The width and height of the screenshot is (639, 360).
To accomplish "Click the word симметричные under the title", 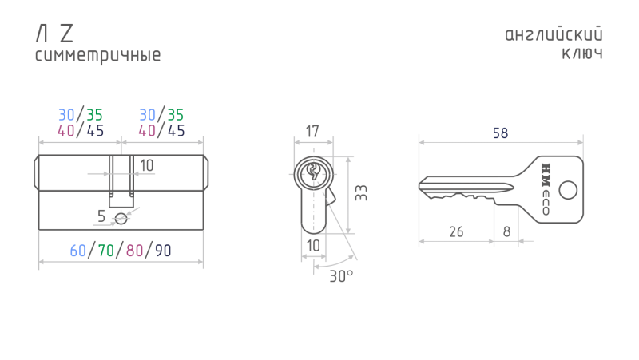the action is [x=97, y=56].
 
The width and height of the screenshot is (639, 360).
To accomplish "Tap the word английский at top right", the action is [x=554, y=34].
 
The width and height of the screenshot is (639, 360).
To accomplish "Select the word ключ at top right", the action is [x=582, y=53].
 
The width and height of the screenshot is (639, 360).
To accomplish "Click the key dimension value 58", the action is [x=501, y=133].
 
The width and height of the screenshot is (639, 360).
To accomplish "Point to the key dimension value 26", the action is [x=456, y=231].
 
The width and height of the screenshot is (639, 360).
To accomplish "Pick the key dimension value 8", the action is [x=506, y=231].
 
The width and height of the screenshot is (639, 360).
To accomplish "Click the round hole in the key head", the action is [x=568, y=190].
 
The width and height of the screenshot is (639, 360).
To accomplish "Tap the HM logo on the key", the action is [x=546, y=175].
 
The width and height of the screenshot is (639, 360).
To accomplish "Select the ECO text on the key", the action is [x=546, y=203].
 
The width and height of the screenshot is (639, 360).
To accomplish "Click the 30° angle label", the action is [x=341, y=276].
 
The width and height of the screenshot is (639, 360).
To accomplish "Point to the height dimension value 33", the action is [x=361, y=193].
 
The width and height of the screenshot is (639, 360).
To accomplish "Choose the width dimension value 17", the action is [x=312, y=132].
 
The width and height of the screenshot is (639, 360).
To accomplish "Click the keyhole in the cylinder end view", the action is [x=313, y=172].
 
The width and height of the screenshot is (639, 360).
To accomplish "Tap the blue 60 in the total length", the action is [x=77, y=251].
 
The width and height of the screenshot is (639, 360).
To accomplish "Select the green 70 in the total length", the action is [x=106, y=251].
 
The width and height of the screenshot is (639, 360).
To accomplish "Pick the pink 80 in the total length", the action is [x=134, y=251].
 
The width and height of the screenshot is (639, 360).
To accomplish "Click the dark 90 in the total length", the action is [x=163, y=251].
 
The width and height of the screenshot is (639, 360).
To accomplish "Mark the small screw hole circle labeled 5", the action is [x=121, y=219].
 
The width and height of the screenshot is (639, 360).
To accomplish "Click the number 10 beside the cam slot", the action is [x=147, y=166].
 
